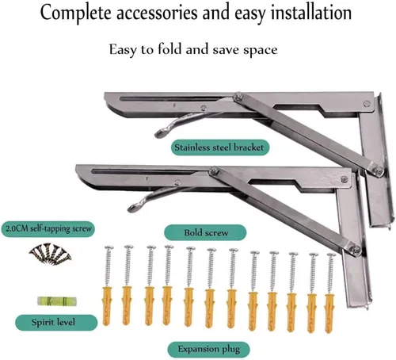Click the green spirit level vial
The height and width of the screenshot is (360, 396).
[57, 301]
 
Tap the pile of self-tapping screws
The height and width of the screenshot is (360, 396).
[50, 253]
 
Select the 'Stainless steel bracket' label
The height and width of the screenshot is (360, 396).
[220, 147]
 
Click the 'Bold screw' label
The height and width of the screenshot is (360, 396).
[205, 232]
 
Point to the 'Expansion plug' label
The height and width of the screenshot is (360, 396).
[209, 349]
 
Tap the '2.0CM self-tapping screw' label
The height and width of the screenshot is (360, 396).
[48, 229]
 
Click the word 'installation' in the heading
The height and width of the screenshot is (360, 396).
[311, 13]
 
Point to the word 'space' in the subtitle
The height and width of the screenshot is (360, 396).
[261, 50]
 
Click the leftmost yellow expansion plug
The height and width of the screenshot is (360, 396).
[107, 305]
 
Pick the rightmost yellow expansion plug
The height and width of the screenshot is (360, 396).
[329, 313]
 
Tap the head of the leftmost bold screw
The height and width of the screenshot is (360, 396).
[109, 248]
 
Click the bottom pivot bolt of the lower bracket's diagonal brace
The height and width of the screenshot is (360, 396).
[356, 249]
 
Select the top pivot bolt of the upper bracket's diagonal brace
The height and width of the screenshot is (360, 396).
[238, 97]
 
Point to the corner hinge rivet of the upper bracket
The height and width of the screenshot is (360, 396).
[367, 104]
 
